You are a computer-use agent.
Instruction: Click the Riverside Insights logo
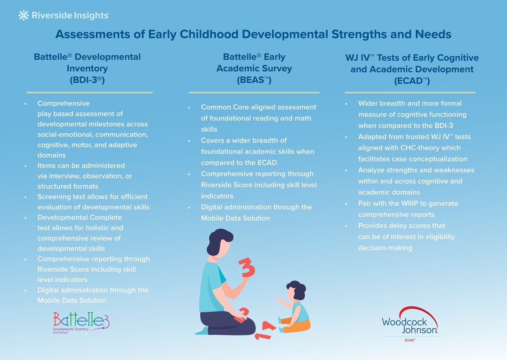click(x=64, y=16)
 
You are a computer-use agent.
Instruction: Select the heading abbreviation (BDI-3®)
click(x=87, y=80)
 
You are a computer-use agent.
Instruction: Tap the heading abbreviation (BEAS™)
click(x=254, y=80)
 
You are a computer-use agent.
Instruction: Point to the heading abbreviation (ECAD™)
click(x=412, y=81)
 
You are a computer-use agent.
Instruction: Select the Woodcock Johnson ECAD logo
click(x=410, y=324)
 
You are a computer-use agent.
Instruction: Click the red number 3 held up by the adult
click(x=247, y=268)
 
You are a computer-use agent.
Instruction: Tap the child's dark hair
click(x=297, y=289)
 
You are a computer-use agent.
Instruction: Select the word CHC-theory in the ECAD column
click(x=425, y=148)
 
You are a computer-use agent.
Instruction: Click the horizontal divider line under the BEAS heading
click(x=254, y=93)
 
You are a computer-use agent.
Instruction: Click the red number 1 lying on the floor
click(x=262, y=336)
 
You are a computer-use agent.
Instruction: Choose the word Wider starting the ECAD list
click(x=368, y=103)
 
